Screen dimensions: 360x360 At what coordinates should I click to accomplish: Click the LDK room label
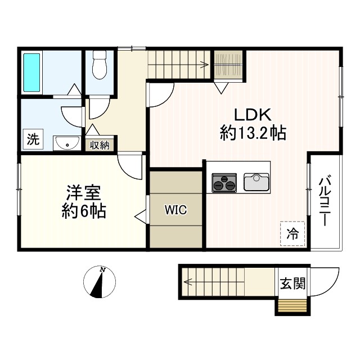253,115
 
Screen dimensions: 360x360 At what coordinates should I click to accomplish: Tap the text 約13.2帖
253,133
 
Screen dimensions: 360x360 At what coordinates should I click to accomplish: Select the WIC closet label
175,210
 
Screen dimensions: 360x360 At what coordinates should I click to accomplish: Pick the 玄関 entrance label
292,283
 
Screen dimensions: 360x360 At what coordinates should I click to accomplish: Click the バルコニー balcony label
325,202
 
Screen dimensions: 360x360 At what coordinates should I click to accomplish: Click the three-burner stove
224,182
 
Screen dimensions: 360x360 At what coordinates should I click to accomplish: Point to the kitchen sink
257,182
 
